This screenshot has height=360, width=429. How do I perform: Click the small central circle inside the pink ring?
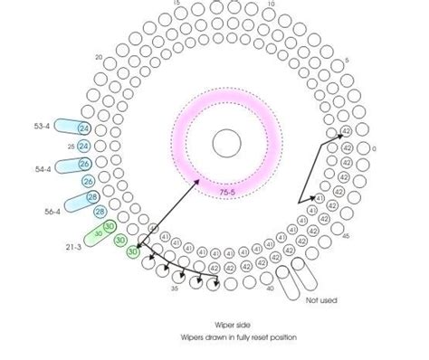226,142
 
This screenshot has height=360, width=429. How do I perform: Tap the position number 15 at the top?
175,4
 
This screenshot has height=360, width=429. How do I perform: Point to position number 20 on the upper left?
99,56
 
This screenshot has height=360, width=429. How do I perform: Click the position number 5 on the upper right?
348,62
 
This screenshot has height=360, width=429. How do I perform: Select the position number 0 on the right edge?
375,147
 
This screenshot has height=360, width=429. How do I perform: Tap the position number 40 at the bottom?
271,289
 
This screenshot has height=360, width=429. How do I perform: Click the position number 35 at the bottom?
174,289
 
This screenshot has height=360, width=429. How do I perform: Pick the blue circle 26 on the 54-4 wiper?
84,164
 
